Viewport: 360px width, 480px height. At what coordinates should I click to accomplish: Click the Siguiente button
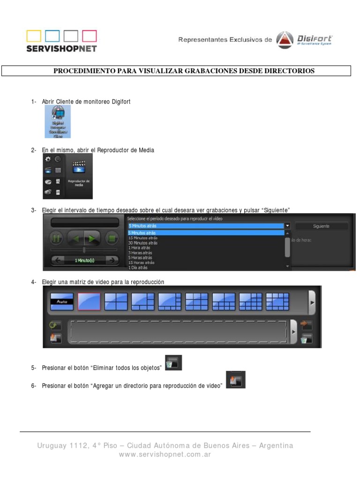(x=321, y=226)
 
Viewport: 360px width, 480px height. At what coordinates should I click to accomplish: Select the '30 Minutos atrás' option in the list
(x=143, y=243)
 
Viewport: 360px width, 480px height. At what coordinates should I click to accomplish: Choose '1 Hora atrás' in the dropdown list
(x=139, y=247)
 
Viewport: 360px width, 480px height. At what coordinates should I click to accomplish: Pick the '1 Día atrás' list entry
(x=138, y=268)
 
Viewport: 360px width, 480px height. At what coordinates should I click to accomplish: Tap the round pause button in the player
(x=56, y=238)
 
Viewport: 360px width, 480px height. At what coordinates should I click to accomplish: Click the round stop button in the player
(x=112, y=238)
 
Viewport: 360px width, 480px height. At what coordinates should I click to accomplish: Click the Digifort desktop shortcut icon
(x=58, y=121)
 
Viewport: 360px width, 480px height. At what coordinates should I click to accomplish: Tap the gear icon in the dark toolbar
(x=48, y=160)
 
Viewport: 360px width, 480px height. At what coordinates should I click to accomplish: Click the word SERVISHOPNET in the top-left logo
(x=61, y=48)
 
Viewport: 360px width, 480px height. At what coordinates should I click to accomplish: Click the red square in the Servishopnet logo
(x=90, y=36)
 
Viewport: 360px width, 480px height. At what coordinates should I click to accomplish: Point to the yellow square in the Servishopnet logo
(x=34, y=36)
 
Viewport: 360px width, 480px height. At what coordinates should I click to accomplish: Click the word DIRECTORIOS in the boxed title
(x=289, y=71)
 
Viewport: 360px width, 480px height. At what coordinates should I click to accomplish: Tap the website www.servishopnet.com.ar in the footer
(x=165, y=455)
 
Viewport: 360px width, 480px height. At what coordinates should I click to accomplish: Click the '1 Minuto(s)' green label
(x=84, y=260)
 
